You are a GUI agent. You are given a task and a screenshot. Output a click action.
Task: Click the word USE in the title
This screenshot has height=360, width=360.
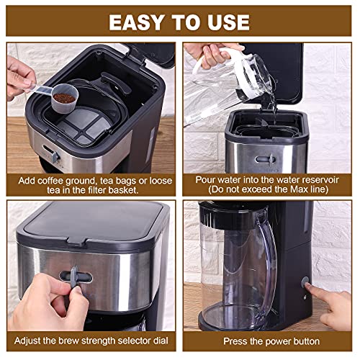point(228,21)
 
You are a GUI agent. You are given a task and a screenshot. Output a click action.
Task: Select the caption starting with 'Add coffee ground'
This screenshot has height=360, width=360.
point(89,184)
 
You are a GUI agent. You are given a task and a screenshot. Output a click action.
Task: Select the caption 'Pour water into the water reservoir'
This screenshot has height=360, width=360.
point(271,179)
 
